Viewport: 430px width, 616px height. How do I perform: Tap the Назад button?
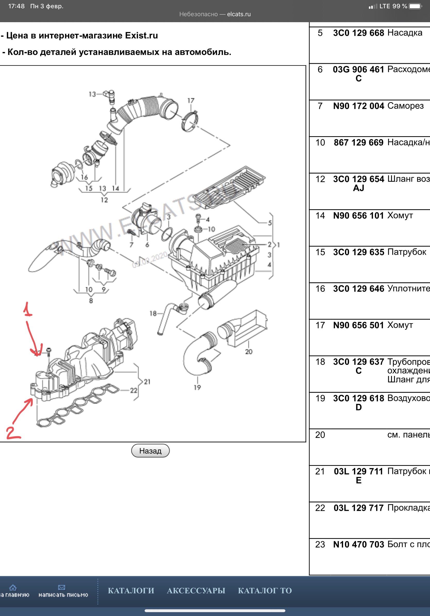tap(150, 451)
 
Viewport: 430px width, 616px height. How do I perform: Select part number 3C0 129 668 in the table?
tap(358, 33)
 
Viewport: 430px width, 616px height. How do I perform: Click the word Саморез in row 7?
tap(405, 106)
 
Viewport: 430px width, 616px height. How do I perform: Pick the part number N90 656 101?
tap(358, 215)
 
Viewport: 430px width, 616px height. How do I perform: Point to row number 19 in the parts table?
tap(320, 398)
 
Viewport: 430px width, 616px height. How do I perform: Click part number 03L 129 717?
tap(358, 508)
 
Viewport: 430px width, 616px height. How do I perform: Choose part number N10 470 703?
tap(358, 544)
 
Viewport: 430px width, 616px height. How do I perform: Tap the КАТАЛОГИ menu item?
tap(131, 590)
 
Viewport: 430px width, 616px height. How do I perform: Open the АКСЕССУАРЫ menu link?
tap(196, 590)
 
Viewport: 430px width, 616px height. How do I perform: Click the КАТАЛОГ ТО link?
tap(265, 590)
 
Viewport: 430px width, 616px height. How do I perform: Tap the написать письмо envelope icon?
tap(62, 587)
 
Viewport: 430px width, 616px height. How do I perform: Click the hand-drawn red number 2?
tap(13, 433)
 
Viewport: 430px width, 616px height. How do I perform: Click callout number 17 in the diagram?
tap(191, 101)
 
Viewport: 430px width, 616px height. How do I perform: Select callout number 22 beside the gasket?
tap(134, 390)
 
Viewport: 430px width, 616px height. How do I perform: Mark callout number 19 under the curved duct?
tap(197, 387)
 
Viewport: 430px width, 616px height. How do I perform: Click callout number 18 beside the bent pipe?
tap(153, 313)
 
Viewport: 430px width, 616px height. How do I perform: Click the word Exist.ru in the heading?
tap(141, 35)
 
